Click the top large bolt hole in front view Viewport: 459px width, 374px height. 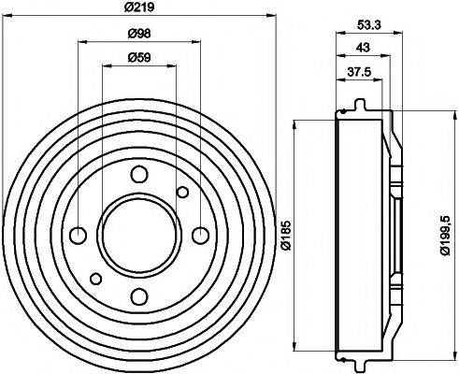pyautogui.click(x=139, y=173)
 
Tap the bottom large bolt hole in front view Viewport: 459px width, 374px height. pyautogui.click(x=139, y=296)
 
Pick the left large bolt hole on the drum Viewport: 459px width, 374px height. pyautogui.click(x=79, y=234)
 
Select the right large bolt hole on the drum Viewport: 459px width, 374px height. pyautogui.click(x=200, y=234)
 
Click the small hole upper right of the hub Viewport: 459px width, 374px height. pyautogui.click(x=182, y=192)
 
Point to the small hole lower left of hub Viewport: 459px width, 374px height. pyautogui.click(x=96, y=277)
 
